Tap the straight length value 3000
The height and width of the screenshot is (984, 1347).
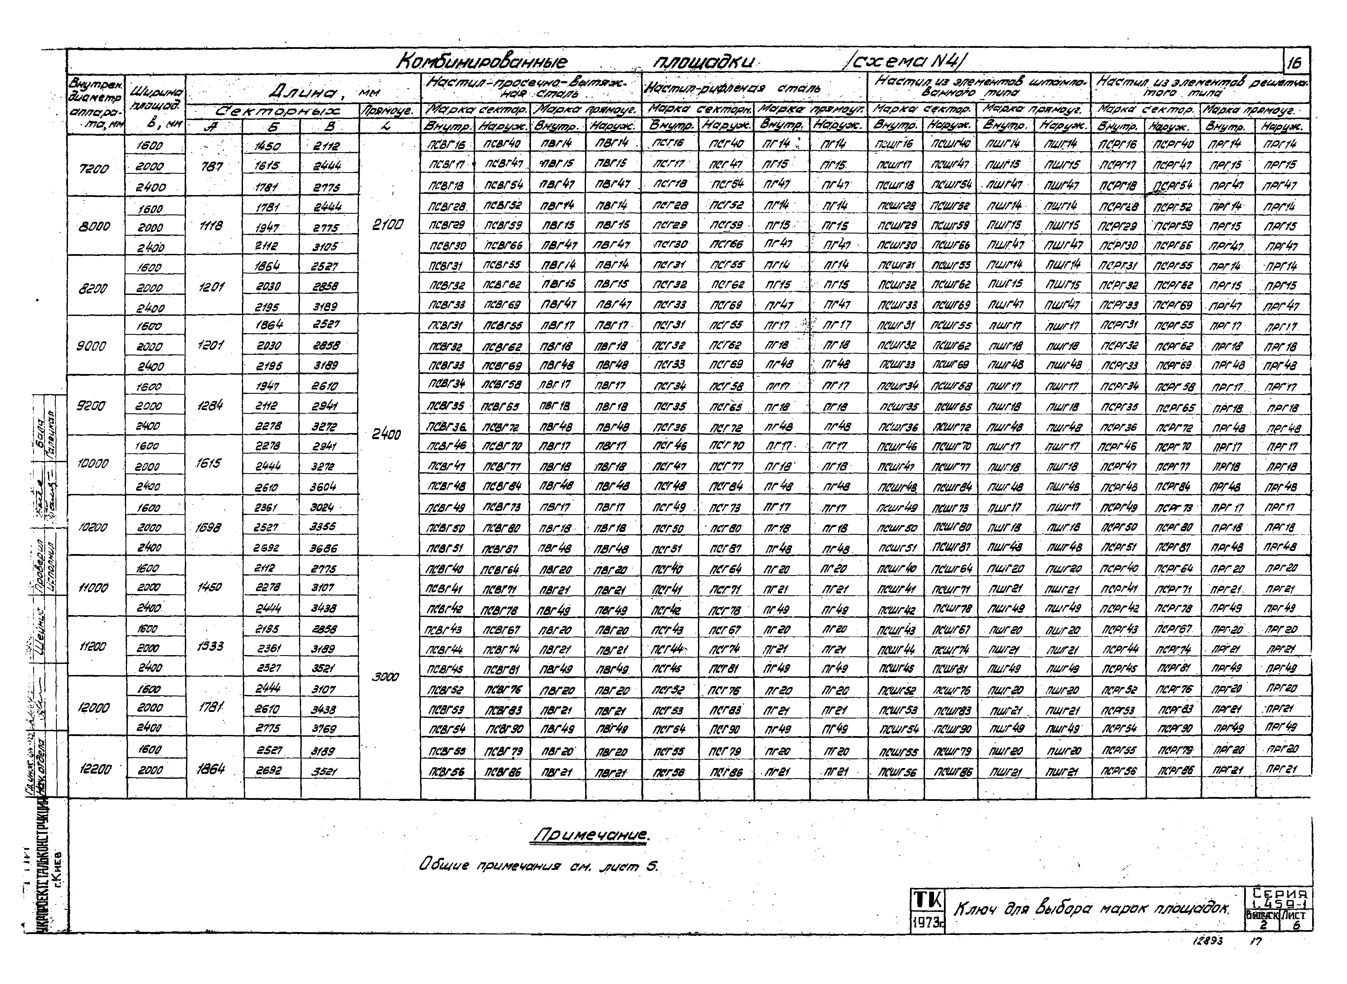tap(386, 677)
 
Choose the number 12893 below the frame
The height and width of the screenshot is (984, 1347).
tap(1208, 941)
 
